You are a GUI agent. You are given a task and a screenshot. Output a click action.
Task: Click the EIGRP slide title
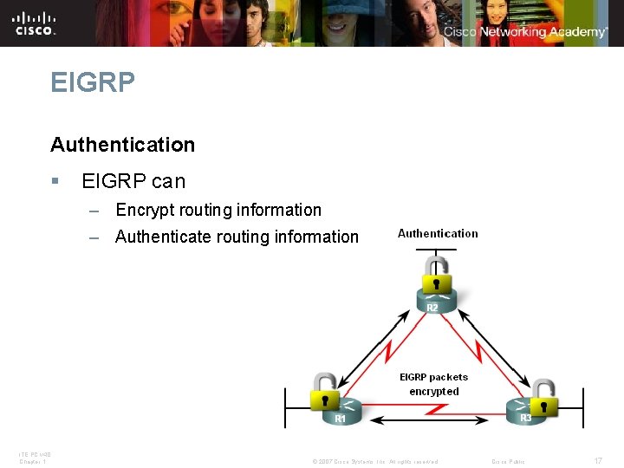pyautogui.click(x=93, y=83)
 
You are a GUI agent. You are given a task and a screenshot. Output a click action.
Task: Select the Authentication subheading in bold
pyautogui.click(x=123, y=145)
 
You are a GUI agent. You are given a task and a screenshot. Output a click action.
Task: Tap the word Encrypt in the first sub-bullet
pyautogui.click(x=143, y=210)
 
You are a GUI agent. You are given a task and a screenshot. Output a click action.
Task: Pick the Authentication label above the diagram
pyautogui.click(x=438, y=233)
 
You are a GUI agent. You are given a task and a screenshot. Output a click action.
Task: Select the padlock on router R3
pyautogui.click(x=543, y=397)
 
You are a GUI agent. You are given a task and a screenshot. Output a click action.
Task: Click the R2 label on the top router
pyautogui.click(x=432, y=308)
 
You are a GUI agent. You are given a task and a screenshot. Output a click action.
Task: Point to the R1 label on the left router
pyautogui.click(x=341, y=419)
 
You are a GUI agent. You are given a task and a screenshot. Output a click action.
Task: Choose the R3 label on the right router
pyautogui.click(x=525, y=419)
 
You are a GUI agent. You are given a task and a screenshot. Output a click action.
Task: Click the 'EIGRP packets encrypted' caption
pyautogui.click(x=433, y=384)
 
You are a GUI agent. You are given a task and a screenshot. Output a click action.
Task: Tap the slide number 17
pyautogui.click(x=598, y=461)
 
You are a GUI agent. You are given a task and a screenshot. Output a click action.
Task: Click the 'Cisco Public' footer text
pyautogui.click(x=508, y=461)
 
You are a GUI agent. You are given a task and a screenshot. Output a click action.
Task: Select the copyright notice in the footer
pyautogui.click(x=374, y=461)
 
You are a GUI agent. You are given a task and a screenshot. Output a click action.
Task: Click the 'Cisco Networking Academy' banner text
pyautogui.click(x=525, y=32)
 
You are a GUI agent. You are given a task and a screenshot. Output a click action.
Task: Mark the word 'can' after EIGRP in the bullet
pyautogui.click(x=168, y=182)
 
